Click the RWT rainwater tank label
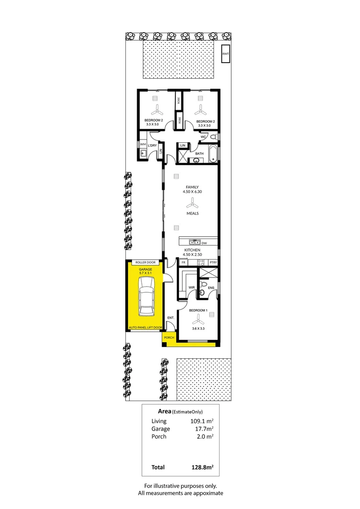click(226, 54)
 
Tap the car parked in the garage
click(146, 296)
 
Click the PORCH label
click(169, 338)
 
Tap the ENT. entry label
click(171, 318)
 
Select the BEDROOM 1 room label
click(198, 310)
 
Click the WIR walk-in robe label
click(192, 287)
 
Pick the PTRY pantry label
click(213, 262)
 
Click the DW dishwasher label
click(204, 243)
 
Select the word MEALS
click(192, 213)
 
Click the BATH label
click(199, 154)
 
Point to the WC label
click(204, 137)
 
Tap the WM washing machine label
click(142, 143)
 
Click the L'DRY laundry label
click(152, 146)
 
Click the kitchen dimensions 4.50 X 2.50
click(192, 254)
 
